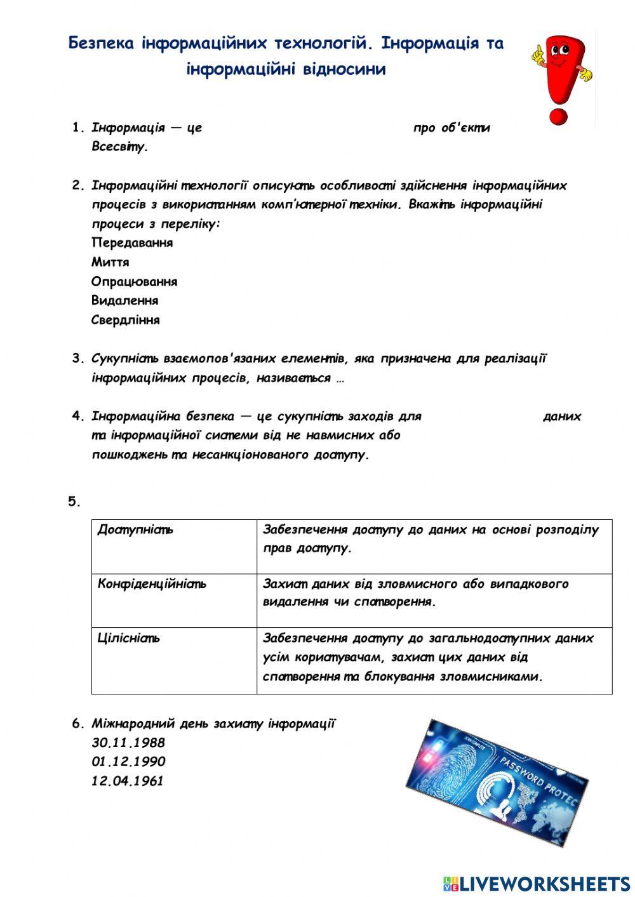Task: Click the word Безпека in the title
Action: pos(101,43)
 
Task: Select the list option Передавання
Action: pos(132,243)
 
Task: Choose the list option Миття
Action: pos(110,262)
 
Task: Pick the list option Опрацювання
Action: pos(135,281)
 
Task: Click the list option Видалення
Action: pos(125,300)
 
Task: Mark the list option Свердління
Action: pos(126,320)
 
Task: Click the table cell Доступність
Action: pos(135,529)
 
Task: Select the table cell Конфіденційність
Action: pos(152,583)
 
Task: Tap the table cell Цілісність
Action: pos(129,638)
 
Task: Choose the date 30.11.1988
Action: pos(128,743)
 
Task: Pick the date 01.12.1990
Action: pos(128,762)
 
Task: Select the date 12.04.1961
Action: pos(128,781)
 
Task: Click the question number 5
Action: pos(74,502)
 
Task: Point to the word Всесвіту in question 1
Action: pos(119,147)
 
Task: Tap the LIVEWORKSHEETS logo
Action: pos(537,883)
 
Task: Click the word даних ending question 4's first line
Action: pos(562,416)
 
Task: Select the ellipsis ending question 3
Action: pos(340,378)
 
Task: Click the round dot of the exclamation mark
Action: pos(558,117)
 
